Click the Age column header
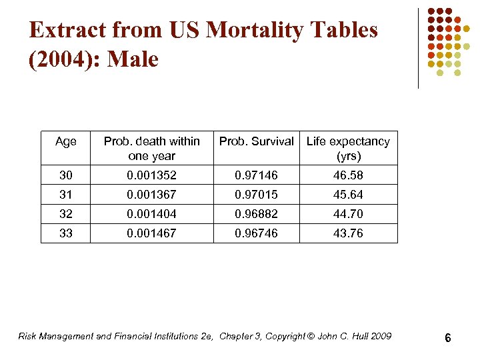[66, 141]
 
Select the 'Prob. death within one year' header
[151, 148]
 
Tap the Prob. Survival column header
[256, 141]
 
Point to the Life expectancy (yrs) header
[348, 148]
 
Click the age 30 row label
[66, 175]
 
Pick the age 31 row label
[66, 195]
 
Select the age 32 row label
[66, 214]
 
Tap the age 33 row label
[66, 233]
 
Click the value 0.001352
[151, 175]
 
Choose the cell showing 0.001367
[151, 195]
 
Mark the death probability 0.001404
[151, 214]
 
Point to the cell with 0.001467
[151, 233]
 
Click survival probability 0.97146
[256, 175]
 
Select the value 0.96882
[256, 214]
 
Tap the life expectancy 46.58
[348, 175]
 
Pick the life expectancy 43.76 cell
[348, 233]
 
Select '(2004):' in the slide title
[64, 60]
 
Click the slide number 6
[448, 338]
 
